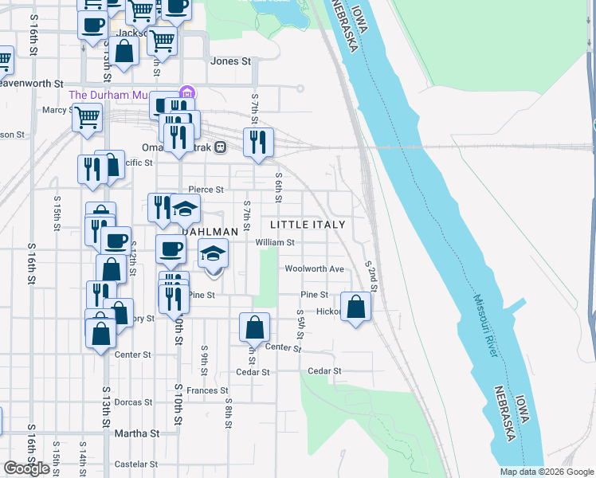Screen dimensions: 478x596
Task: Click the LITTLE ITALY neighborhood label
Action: point(307,225)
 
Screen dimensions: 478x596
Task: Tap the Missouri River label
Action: point(488,326)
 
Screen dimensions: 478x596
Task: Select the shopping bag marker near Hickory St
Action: point(356,307)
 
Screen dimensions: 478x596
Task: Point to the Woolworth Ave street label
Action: point(315,269)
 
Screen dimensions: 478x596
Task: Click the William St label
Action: point(275,243)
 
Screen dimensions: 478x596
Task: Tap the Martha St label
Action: point(138,433)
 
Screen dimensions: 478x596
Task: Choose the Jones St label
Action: point(230,61)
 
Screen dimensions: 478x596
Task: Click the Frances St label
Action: point(208,390)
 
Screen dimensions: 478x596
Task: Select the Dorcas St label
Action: point(133,402)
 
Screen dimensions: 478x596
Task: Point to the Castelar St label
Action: point(131,464)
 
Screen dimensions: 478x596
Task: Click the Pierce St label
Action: point(206,190)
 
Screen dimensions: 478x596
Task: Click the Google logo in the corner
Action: point(26,468)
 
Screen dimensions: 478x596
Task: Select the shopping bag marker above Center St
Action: point(254,327)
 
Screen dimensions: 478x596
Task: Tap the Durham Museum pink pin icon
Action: point(187,94)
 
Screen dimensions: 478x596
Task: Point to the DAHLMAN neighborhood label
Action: point(210,232)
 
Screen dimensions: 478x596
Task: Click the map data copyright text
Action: point(547,472)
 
